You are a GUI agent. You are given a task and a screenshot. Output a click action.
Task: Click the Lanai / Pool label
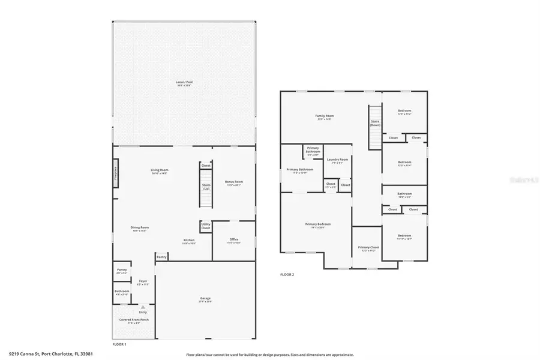(x=185, y=83)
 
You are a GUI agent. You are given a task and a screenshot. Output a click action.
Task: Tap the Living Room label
(x=159, y=171)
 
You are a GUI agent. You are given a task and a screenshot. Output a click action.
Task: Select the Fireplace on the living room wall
(x=116, y=173)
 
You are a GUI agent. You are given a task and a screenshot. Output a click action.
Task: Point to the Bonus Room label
(x=233, y=182)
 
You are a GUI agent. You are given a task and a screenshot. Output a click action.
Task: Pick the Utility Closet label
(x=206, y=227)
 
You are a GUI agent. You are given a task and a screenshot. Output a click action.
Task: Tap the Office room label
(x=234, y=241)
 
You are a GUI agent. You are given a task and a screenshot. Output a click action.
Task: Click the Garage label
(x=206, y=299)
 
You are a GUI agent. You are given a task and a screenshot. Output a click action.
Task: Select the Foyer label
(x=143, y=282)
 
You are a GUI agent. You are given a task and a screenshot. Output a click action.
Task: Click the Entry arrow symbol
(x=143, y=307)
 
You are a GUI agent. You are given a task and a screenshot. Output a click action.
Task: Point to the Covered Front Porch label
(x=134, y=320)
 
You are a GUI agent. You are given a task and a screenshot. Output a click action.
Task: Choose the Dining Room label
(x=140, y=229)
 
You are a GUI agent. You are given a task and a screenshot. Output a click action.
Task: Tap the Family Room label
(x=325, y=116)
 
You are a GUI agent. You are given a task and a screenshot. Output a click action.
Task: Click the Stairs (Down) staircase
(x=375, y=126)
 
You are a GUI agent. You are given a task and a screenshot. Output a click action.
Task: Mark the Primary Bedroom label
(x=321, y=225)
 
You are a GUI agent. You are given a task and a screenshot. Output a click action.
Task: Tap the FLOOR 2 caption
(x=287, y=275)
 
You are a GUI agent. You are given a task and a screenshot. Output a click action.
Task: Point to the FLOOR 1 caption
(x=119, y=344)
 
